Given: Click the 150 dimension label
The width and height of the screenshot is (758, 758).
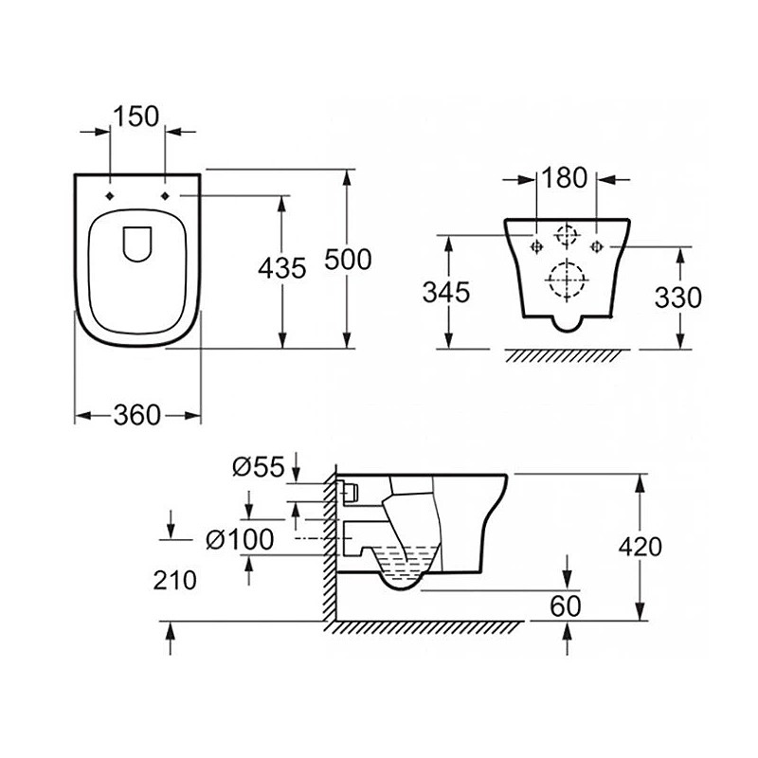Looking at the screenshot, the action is point(135,117).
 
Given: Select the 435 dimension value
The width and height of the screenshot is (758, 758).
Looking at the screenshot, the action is point(281,268).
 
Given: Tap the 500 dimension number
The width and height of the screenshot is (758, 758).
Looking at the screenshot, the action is point(348,259).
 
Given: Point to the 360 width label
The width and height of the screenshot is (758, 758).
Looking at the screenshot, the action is point(136,415).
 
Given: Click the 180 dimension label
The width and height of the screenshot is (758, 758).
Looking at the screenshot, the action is point(564,177).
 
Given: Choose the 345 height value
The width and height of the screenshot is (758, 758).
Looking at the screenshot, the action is point(446,293).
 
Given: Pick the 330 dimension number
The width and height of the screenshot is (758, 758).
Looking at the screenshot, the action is point(677,298).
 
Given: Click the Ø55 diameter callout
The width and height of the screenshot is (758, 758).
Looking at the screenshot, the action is point(258,467).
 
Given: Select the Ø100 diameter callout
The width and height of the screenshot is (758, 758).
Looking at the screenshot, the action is point(240,539).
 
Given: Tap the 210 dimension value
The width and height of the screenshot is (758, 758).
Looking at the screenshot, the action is point(175,580).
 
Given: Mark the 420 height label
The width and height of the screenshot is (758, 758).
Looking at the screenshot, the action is point(641,548).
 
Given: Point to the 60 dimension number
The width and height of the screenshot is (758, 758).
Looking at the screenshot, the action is point(565,606).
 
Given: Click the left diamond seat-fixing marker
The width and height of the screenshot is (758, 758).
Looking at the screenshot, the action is point(110,195).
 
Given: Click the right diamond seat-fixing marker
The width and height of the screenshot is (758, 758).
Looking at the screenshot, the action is point(165,195).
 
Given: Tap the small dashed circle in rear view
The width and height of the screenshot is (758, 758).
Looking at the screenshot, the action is point(566,235).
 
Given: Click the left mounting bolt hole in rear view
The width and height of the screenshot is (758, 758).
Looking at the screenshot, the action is point(536,246).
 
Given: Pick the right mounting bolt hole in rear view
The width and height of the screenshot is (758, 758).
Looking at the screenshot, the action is point(597,246).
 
